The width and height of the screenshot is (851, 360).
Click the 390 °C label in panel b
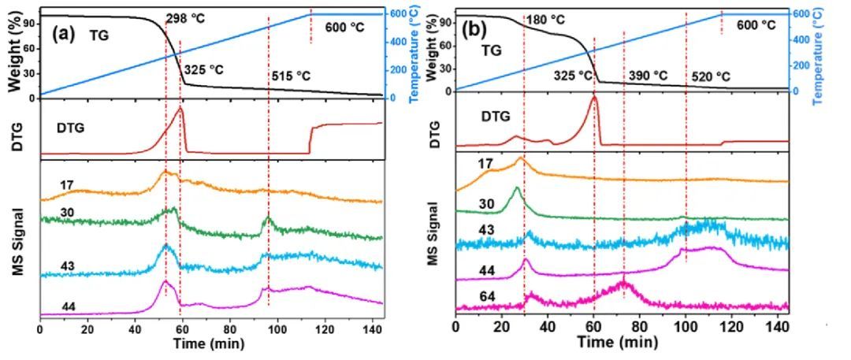coord(648,76)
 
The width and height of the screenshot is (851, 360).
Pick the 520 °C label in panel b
coord(711,76)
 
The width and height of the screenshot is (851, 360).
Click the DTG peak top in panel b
coord(594,97)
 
